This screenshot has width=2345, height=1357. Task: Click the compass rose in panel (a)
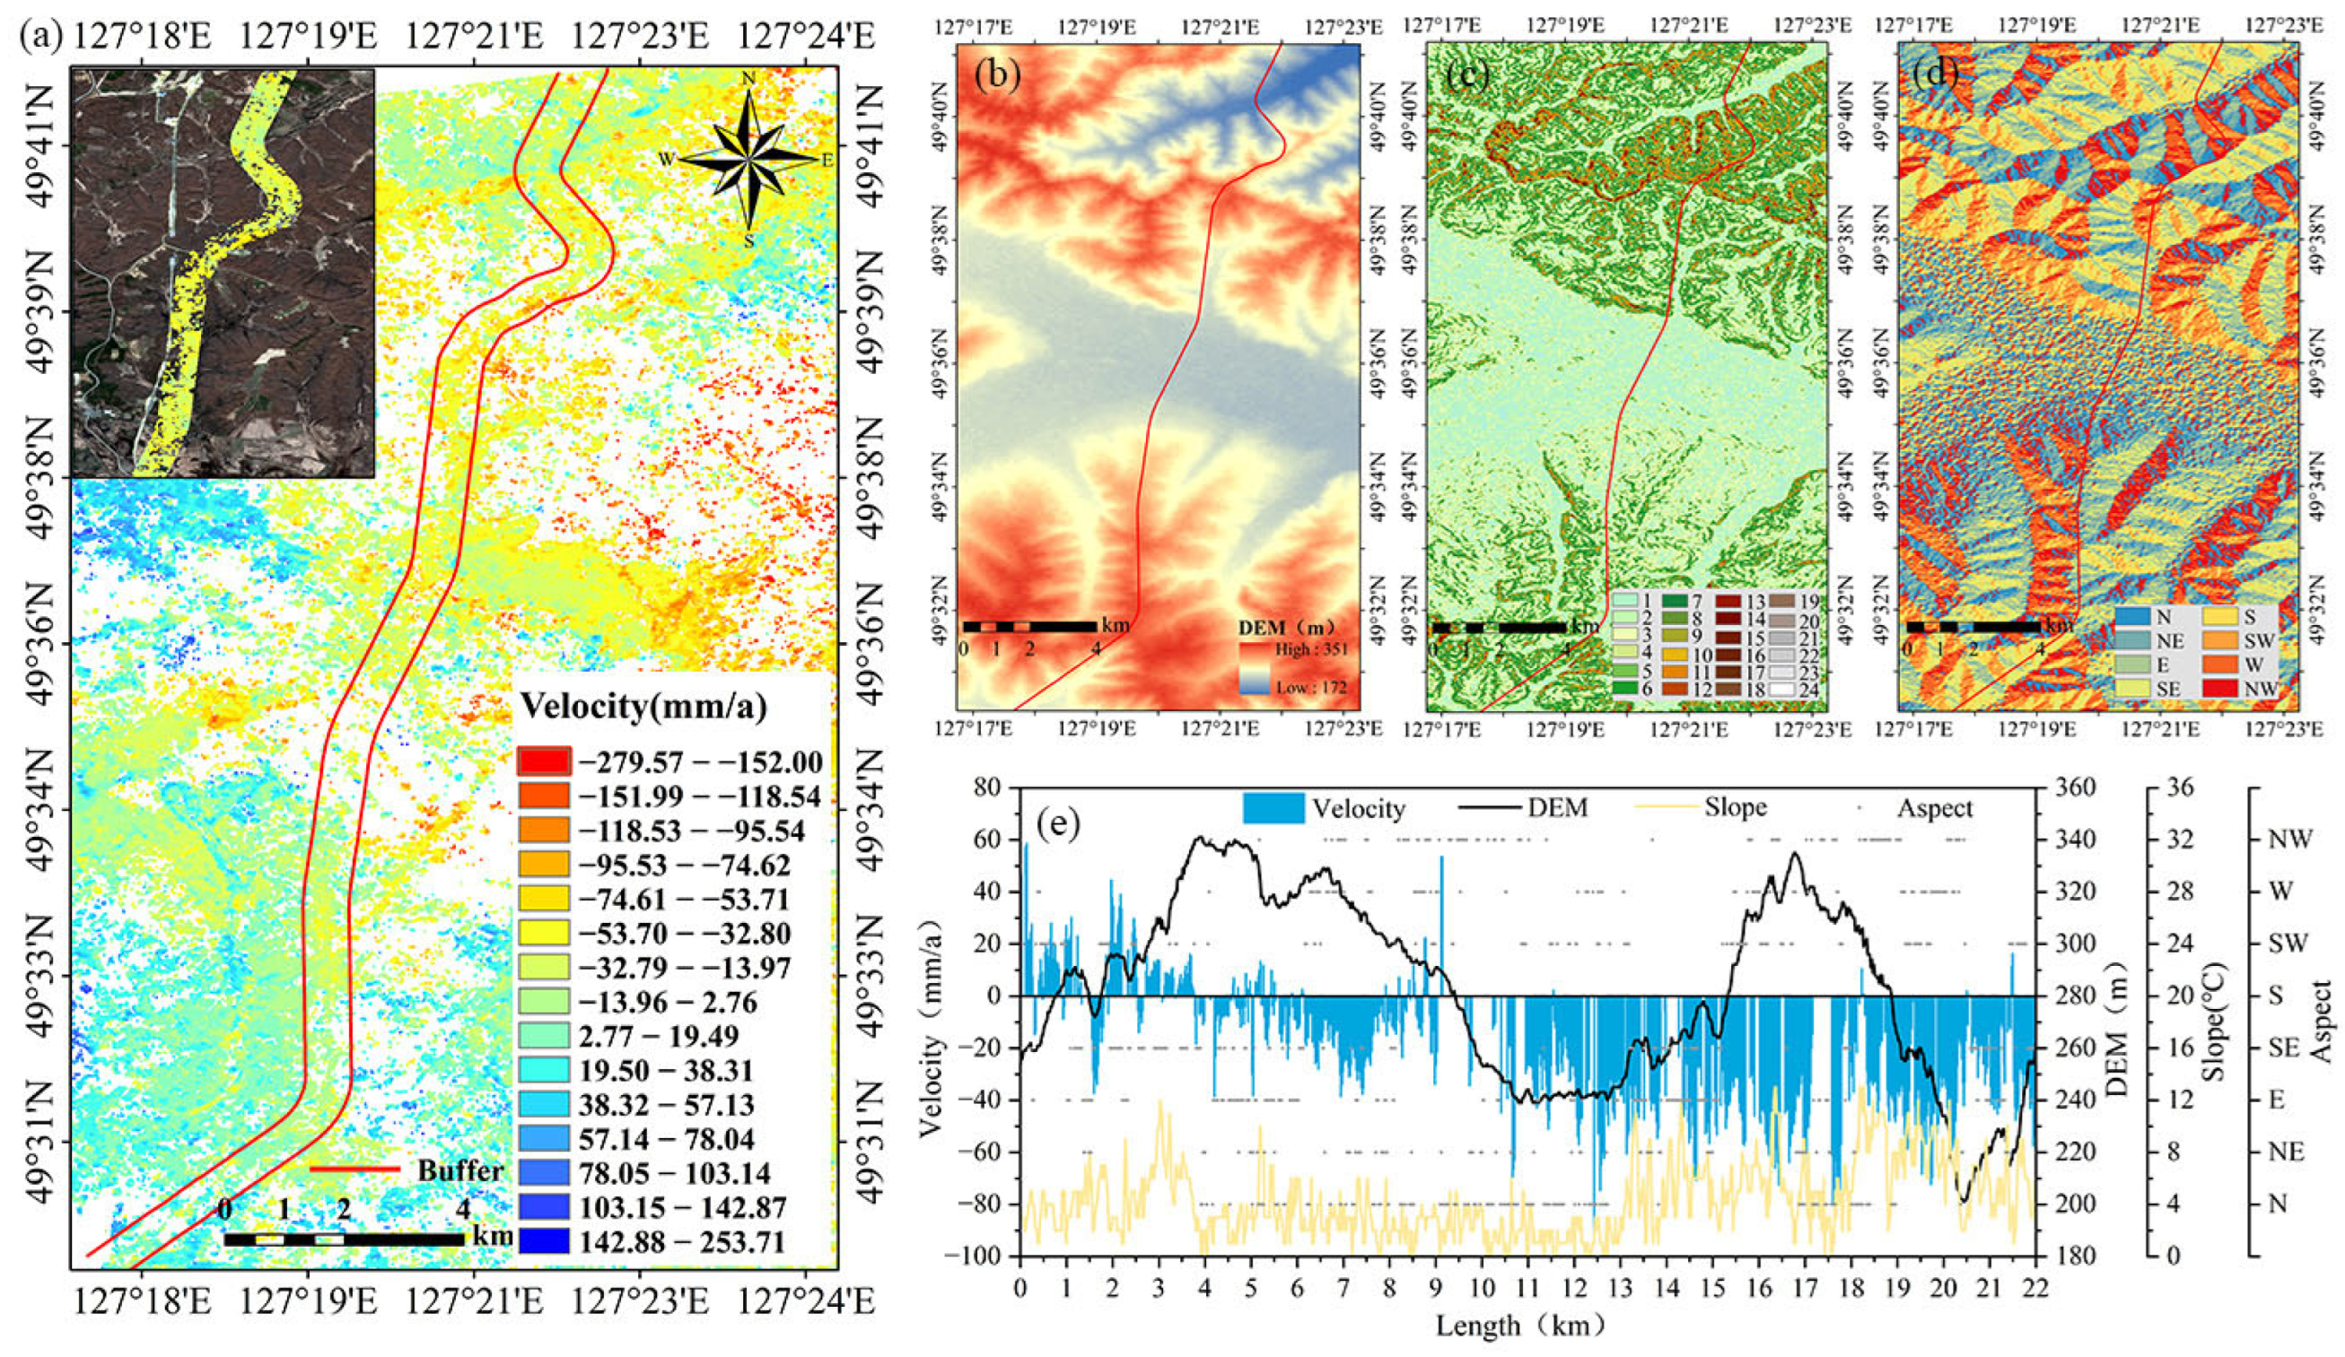tap(749, 160)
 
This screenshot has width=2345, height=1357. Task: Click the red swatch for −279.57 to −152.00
tap(540, 762)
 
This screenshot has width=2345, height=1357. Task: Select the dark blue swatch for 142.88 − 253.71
tap(540, 1240)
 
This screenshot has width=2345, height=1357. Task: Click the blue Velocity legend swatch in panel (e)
tap(1273, 808)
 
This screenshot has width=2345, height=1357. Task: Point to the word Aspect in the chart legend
tap(1935, 808)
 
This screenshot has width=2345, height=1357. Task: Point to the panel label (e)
tap(1058, 823)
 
